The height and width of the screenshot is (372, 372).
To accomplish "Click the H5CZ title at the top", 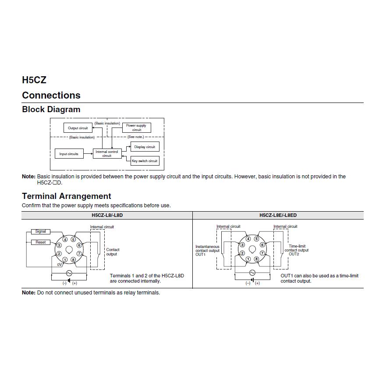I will pos(34,80).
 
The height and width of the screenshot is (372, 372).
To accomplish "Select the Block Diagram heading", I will pos(51,110).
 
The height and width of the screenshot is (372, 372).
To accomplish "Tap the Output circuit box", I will pos(78,128).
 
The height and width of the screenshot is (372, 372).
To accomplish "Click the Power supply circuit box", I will pos(136,128).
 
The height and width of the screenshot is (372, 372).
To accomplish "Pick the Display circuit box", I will pos(145,147).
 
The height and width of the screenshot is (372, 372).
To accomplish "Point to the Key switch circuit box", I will pos(145,161).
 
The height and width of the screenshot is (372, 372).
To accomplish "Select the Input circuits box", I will pos(69,154).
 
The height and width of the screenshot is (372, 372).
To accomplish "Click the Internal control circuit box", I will pos(107,153).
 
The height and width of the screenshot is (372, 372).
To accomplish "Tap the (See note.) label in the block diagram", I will pos(135,137).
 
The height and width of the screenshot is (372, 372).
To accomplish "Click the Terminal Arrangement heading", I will pos(67,196).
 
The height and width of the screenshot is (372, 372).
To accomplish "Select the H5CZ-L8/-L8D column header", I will pos(107,215).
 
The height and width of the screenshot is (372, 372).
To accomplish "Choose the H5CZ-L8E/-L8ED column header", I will pos(278,215).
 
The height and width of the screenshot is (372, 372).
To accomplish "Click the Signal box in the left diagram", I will pos(40,231).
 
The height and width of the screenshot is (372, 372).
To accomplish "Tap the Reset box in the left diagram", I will pos(40,242).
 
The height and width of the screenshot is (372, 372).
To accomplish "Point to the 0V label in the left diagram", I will pos(60,265).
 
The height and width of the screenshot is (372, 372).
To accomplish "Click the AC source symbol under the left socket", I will pos(69,273).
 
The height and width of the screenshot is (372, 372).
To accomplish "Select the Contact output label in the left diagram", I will pos(113,252).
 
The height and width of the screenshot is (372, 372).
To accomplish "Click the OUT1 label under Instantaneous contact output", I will pos(200,255).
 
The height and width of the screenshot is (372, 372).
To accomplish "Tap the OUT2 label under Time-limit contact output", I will pos(294,254).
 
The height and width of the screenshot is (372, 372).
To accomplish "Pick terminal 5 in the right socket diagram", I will pos(257,239).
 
